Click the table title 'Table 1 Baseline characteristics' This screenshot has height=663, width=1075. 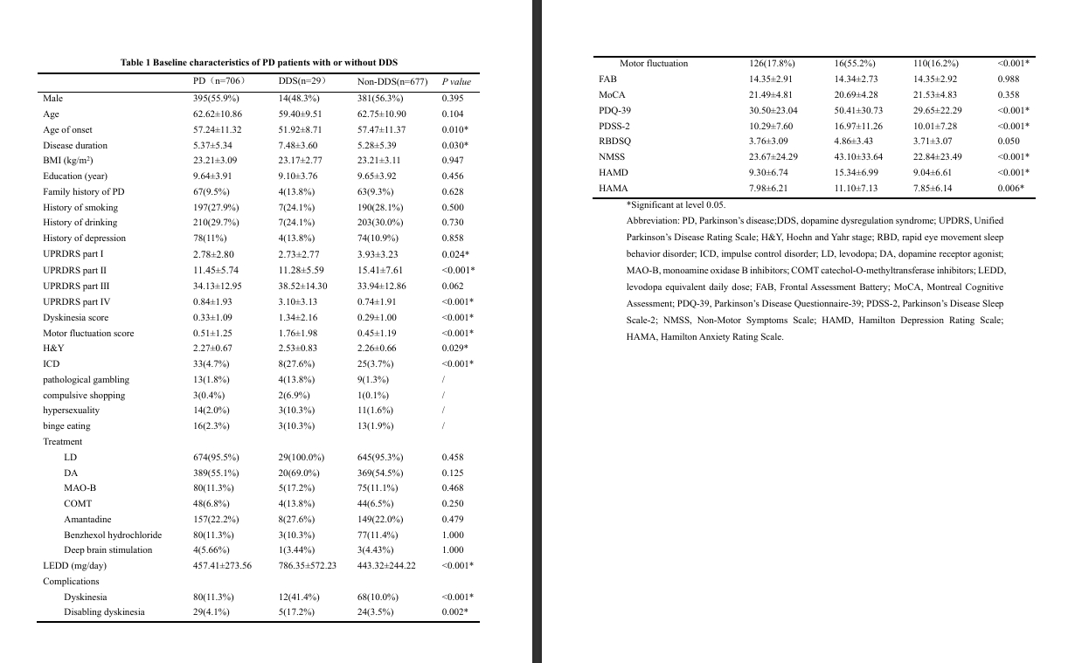pyautogui.click(x=259, y=63)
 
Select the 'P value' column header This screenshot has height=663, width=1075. pyautogui.click(x=456, y=82)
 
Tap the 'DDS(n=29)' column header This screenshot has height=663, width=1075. pyautogui.click(x=302, y=82)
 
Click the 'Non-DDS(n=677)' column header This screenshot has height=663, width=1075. pyautogui.click(x=392, y=82)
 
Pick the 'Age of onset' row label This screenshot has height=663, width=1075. pyautogui.click(x=68, y=130)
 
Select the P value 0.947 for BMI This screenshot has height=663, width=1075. pyautogui.click(x=453, y=161)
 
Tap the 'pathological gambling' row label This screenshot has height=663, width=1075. pyautogui.click(x=86, y=380)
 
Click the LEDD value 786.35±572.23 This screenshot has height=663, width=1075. pyautogui.click(x=307, y=565)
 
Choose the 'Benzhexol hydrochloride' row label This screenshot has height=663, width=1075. pyautogui.click(x=113, y=535)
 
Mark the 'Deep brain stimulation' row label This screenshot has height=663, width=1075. pyautogui.click(x=107, y=550)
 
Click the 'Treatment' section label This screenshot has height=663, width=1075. pyautogui.click(x=63, y=442)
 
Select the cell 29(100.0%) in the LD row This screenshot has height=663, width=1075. pyautogui.click(x=302, y=457)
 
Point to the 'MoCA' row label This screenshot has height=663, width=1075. pyautogui.click(x=612, y=94)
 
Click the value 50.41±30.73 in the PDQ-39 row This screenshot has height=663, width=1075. pyautogui.click(x=858, y=110)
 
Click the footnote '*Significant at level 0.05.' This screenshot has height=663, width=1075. pyautogui.click(x=676, y=204)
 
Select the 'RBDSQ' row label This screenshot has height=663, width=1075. pyautogui.click(x=615, y=141)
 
